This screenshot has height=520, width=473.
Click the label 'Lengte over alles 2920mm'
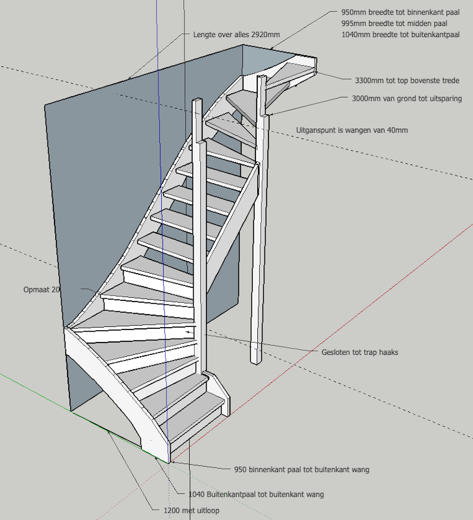tap(236, 34)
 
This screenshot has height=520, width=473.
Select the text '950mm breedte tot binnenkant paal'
tap(400, 12)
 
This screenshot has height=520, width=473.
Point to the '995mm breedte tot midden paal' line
tap(394, 23)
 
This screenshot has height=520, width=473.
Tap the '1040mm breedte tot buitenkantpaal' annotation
tap(400, 34)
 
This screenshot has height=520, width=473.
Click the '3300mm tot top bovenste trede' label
tap(407, 81)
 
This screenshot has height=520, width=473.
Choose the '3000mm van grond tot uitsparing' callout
tap(407, 99)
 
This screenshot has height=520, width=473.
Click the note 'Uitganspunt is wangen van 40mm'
tap(352, 130)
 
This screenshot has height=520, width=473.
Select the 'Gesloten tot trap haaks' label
tap(360, 352)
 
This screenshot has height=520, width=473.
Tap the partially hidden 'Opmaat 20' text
tap(42, 289)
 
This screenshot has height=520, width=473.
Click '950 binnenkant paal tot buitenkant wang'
tap(301, 469)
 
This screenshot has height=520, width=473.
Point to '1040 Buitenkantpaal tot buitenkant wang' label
tap(256, 495)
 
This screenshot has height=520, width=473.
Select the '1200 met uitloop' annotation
tap(191, 510)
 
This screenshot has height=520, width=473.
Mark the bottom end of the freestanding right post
tap(256, 361)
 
